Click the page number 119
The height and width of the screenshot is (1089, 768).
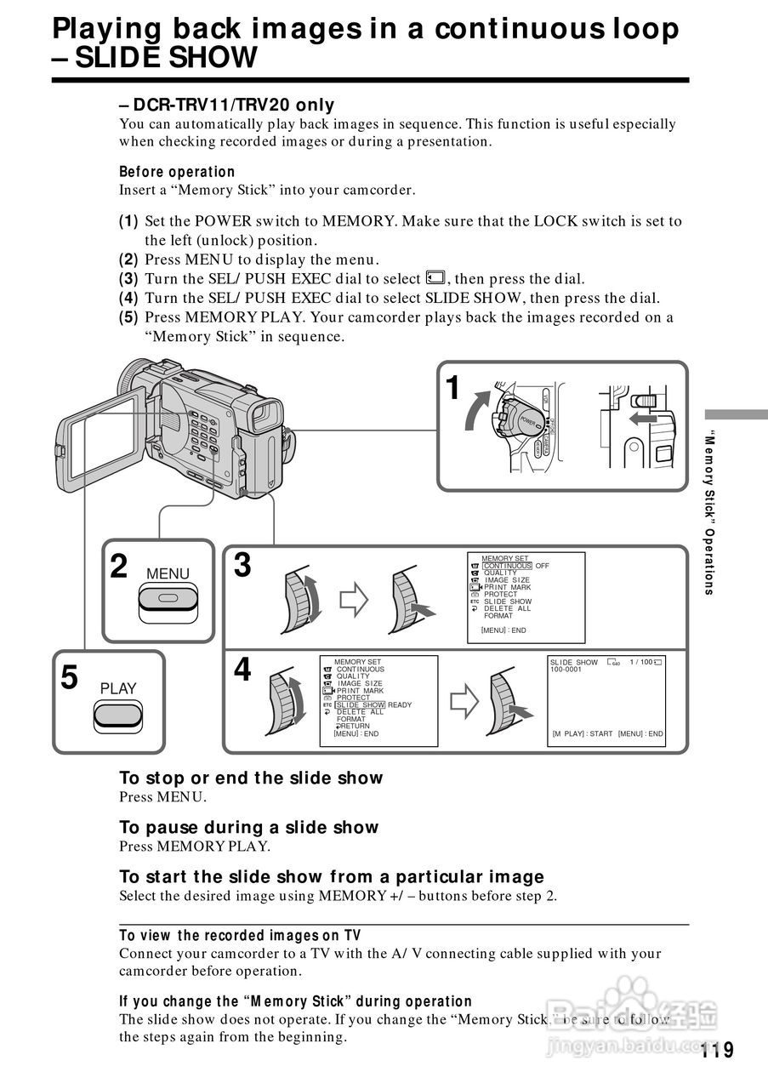[x=718, y=1049]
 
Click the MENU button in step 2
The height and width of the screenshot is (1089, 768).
[x=168, y=598]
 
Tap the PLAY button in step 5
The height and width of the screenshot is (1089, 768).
[x=117, y=714]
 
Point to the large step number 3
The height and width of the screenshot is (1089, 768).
[x=242, y=565]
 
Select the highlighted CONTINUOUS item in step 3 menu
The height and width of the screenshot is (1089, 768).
[x=507, y=566]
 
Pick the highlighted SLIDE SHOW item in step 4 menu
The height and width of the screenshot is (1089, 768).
[x=361, y=705]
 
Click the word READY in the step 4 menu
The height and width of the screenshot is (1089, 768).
[x=400, y=705]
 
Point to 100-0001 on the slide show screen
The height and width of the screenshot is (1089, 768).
[x=566, y=670]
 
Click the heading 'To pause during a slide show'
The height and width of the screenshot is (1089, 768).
[x=248, y=827]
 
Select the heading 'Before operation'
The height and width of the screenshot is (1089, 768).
[x=177, y=172]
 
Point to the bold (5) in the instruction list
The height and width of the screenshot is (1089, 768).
[x=128, y=317]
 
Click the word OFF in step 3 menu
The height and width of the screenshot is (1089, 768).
[x=543, y=566]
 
